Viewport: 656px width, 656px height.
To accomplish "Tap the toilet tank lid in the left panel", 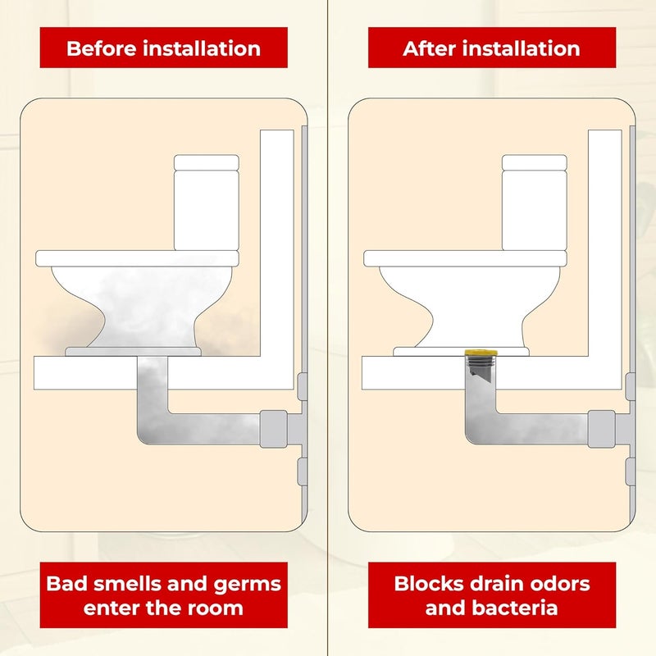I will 207,162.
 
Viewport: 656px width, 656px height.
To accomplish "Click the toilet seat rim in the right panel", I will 465,258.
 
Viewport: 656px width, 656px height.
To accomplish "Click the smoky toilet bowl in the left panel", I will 135,303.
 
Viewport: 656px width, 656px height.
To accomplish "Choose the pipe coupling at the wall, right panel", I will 601,428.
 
